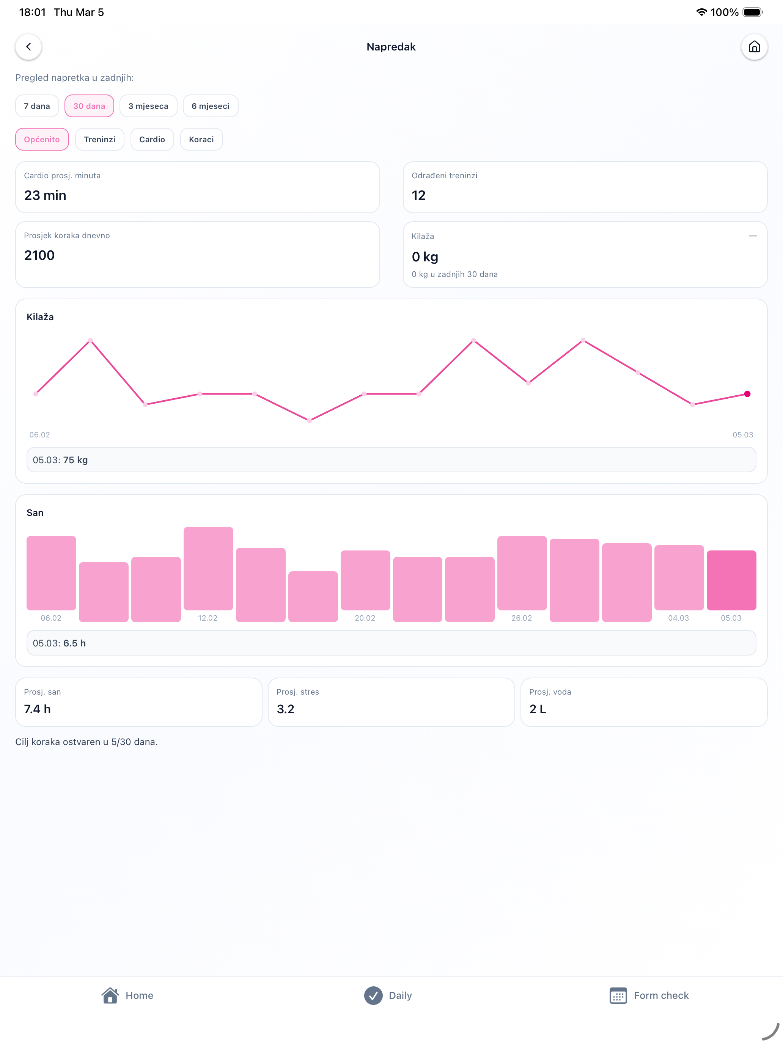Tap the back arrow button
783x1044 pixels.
pos(28,47)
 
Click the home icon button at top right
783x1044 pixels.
pos(754,47)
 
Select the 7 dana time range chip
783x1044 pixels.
pos(37,106)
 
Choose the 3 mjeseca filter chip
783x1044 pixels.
pos(148,106)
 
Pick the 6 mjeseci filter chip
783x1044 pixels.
pos(211,106)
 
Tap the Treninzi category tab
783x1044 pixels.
pos(100,139)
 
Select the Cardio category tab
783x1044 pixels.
pos(152,139)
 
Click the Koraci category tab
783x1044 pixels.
pos(201,139)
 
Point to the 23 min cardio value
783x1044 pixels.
pos(45,195)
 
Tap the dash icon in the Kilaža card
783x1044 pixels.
pos(753,236)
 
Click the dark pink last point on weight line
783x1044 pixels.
pos(747,394)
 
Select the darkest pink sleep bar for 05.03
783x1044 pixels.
pos(731,580)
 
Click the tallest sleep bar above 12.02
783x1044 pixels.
pos(208,568)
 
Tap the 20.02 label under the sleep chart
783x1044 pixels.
pos(365,618)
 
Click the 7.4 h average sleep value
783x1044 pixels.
pos(37,709)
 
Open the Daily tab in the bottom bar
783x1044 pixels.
pos(388,995)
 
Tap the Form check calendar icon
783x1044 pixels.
pos(618,995)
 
